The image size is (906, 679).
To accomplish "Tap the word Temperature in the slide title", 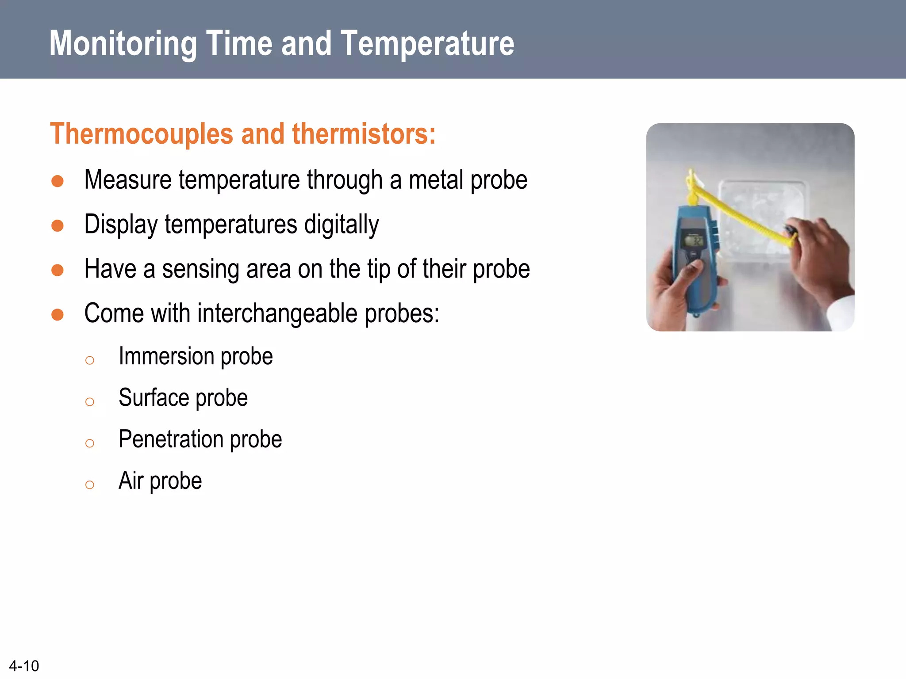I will click(427, 43).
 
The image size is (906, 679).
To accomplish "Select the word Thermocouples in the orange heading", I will click(142, 134).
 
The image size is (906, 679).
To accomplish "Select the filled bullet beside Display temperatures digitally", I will click(58, 225).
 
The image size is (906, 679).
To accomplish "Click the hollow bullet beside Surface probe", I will click(90, 402).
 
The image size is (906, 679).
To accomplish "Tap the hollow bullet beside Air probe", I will click(90, 485).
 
